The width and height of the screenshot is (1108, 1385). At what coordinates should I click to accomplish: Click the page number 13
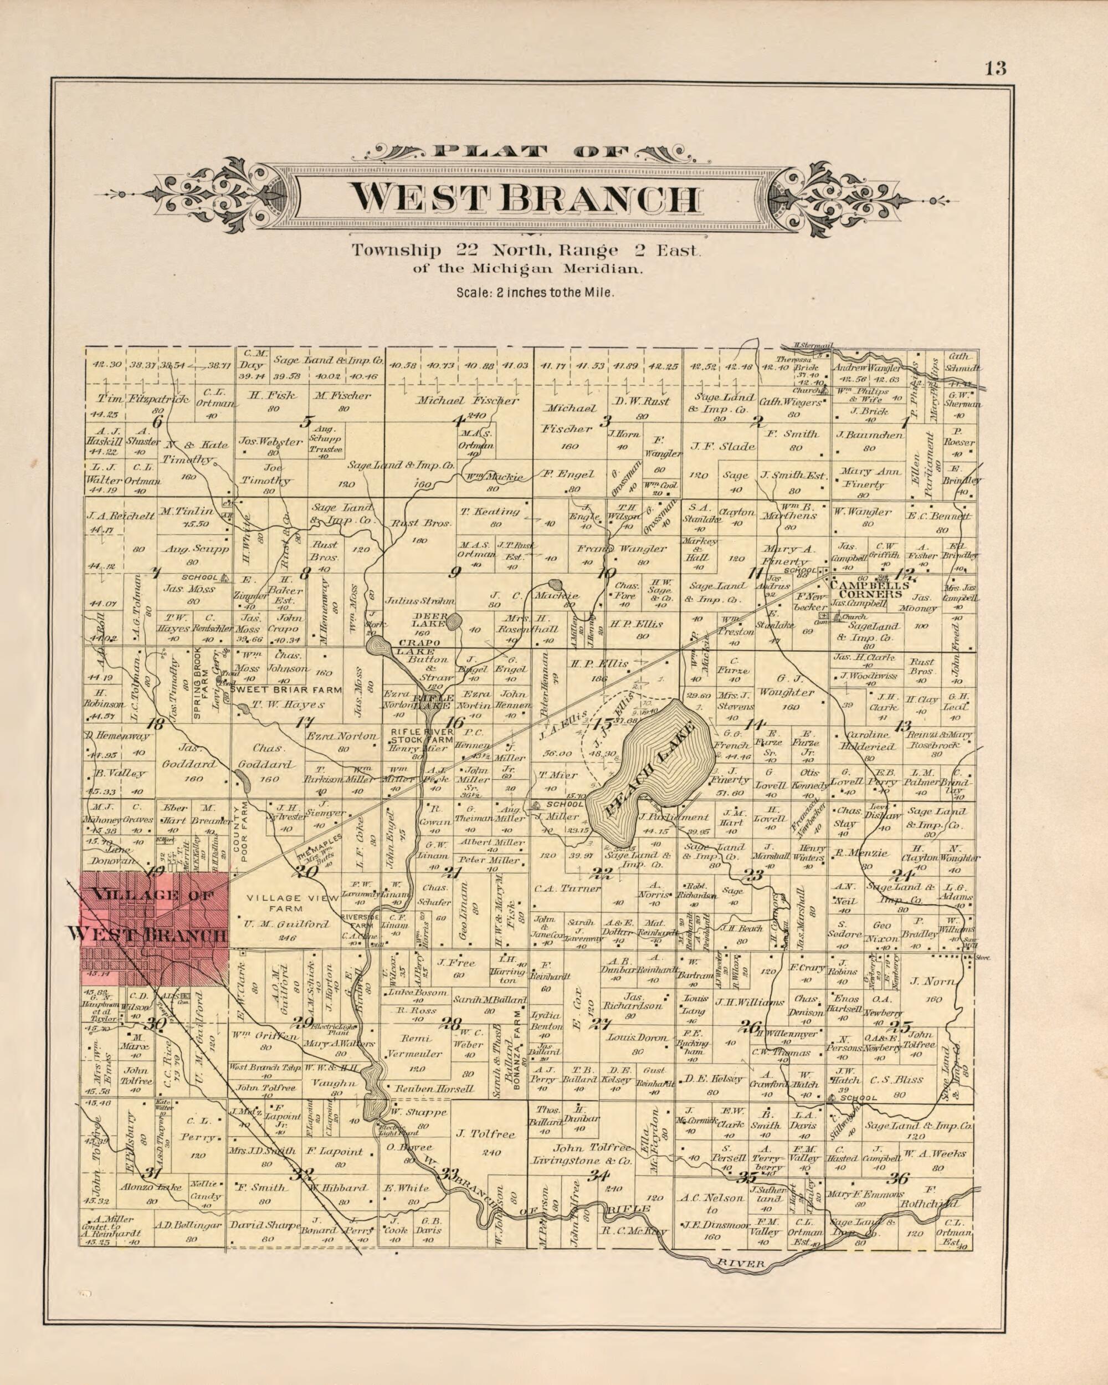(x=995, y=68)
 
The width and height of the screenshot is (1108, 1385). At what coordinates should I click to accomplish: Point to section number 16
(x=454, y=723)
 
